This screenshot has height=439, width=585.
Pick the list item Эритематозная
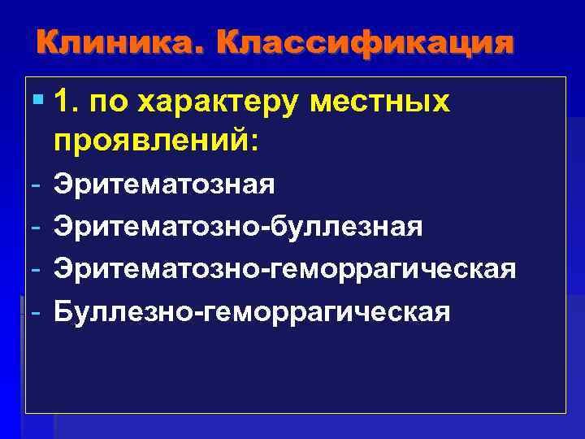pos(164,185)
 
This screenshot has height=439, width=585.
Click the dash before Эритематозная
pos(37,185)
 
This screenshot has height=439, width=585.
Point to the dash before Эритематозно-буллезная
pos(37,226)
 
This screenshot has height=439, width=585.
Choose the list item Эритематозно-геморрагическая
pos(284,268)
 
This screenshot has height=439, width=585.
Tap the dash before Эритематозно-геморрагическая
pos(37,268)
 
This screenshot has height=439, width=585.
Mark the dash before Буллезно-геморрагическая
pos(37,311)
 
